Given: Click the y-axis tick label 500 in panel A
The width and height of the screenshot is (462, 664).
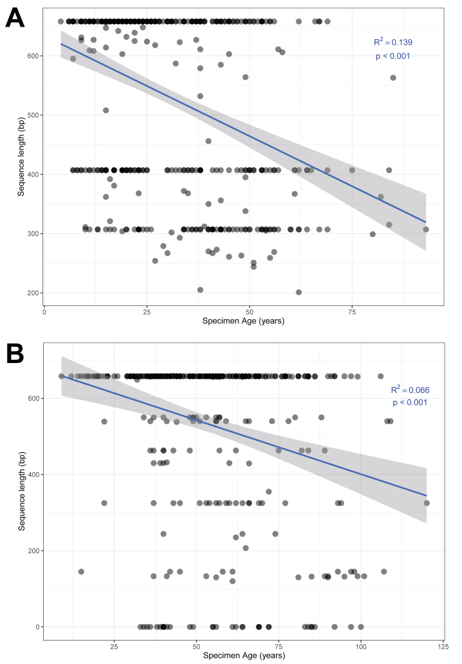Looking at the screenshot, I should click(x=31, y=115).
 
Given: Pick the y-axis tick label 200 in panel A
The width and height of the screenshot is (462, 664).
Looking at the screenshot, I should click(x=31, y=293).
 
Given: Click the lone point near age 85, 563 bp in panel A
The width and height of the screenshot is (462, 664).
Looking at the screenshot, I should click(x=393, y=78).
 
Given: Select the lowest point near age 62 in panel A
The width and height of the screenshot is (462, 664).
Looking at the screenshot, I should click(x=298, y=292).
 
